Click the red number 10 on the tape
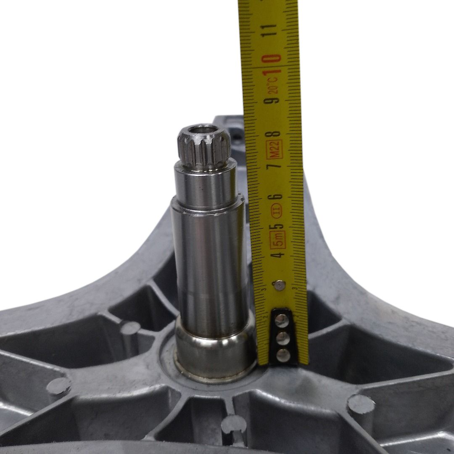(272, 65)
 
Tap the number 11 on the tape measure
(269, 30)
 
